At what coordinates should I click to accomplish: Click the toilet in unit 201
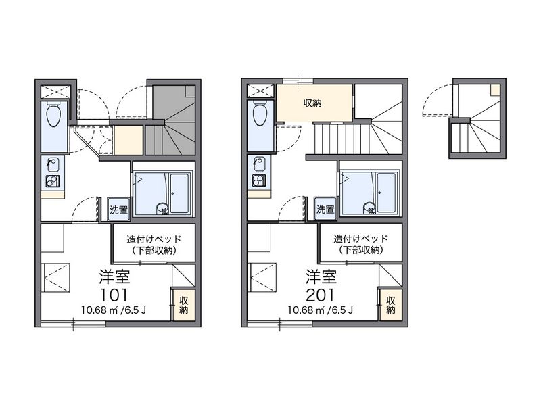click(260, 112)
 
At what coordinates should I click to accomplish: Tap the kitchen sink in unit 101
click(53, 164)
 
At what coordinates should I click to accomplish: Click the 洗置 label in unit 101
click(118, 210)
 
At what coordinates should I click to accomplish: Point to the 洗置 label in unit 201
click(325, 209)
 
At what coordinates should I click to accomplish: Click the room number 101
click(114, 295)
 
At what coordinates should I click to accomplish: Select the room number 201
click(320, 295)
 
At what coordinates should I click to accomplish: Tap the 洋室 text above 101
click(114, 276)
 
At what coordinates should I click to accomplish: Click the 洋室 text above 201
click(321, 276)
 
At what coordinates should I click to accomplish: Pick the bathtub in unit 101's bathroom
click(180, 193)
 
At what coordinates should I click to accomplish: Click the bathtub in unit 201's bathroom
click(386, 193)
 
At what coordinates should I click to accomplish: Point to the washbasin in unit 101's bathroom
click(162, 208)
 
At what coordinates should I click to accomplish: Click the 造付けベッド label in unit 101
click(154, 239)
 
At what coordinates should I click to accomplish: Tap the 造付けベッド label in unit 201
click(361, 238)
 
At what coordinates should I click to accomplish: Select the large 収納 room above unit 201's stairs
click(314, 103)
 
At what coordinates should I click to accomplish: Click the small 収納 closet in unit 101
click(184, 305)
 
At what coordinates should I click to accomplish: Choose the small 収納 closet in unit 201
click(391, 305)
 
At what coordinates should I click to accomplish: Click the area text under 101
click(114, 310)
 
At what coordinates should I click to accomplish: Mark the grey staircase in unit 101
click(170, 120)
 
